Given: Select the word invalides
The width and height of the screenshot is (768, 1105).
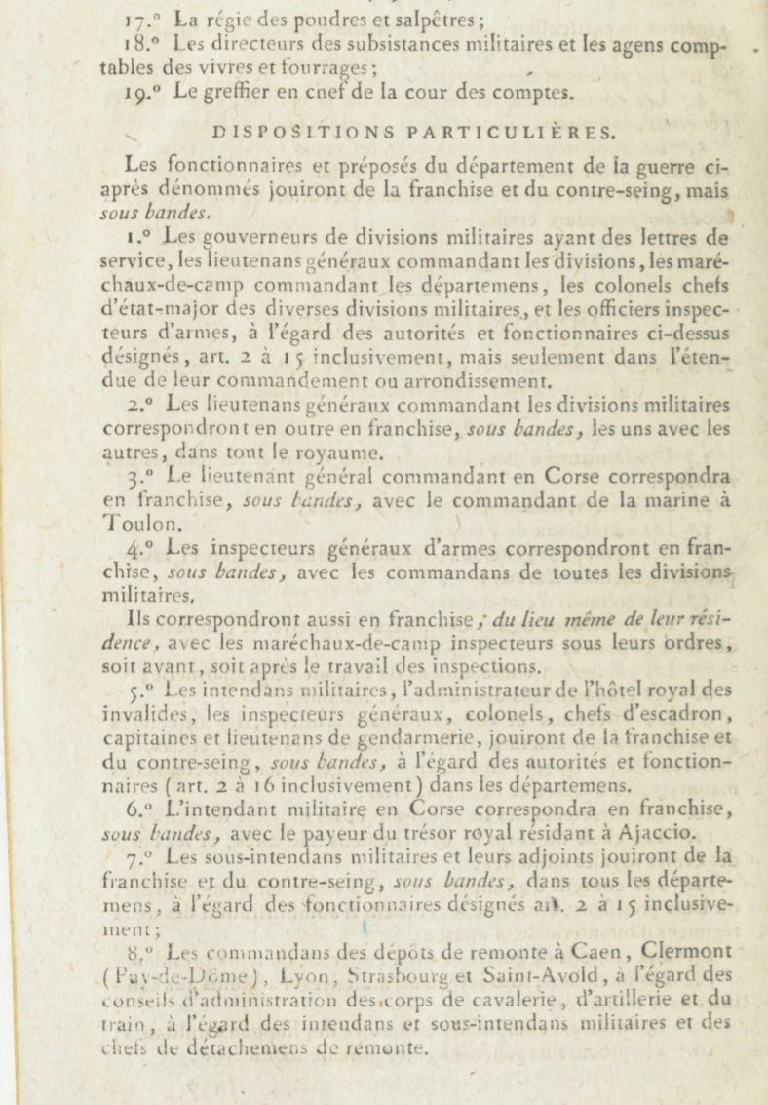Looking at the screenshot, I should [x=140, y=713].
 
